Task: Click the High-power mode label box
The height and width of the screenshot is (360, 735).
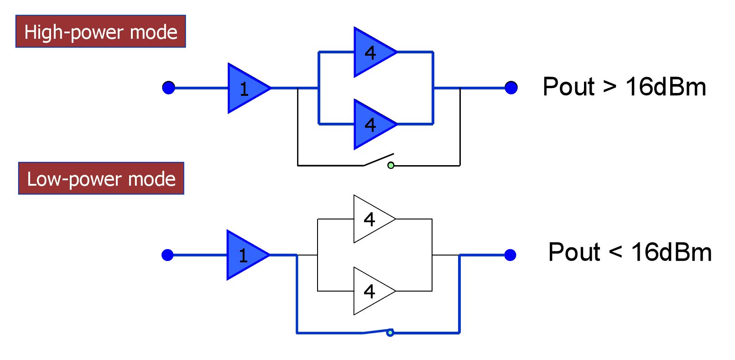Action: point(100,31)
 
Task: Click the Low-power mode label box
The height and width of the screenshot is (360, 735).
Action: point(101,178)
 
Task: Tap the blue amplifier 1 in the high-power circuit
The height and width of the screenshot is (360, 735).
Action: point(246,88)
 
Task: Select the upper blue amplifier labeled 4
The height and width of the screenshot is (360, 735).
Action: point(373,52)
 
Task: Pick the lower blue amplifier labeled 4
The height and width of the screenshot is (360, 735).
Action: point(373,124)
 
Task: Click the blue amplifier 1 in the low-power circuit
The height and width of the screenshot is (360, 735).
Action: point(245,255)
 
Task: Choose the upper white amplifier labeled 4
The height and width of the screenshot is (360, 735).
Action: point(372,219)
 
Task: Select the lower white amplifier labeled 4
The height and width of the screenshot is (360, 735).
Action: point(372,291)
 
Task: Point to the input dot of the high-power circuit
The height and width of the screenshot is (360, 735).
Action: point(168,88)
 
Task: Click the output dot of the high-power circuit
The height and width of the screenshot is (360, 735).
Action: point(511,88)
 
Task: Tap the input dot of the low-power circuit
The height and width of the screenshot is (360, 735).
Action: point(167,255)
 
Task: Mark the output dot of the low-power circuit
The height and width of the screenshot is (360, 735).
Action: point(510,255)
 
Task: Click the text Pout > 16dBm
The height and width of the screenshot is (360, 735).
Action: point(624,87)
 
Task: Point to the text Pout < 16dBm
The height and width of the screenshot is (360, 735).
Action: point(630,252)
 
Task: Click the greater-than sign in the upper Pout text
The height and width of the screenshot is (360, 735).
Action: point(610,87)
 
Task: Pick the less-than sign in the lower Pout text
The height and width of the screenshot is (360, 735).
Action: point(615,252)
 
